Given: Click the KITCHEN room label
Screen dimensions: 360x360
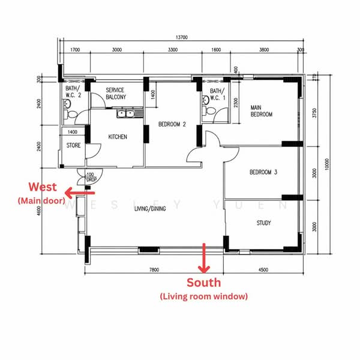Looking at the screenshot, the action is (x=118, y=137).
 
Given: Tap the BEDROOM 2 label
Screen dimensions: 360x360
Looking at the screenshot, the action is (x=172, y=124).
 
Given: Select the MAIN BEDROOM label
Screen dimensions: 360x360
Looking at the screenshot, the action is (x=262, y=111).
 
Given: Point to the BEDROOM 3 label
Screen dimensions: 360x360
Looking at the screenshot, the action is (x=263, y=172).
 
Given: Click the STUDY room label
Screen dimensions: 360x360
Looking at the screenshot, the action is (x=264, y=223).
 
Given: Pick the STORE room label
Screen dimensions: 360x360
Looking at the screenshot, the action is (x=73, y=145).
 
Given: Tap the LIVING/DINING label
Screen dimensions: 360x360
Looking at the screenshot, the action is (x=150, y=209).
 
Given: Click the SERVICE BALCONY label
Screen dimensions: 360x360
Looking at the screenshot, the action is (x=116, y=94).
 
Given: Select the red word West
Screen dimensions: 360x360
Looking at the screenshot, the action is (x=43, y=187).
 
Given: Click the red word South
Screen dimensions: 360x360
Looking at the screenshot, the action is (x=203, y=283).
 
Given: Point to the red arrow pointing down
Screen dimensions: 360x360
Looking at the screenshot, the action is (x=204, y=258).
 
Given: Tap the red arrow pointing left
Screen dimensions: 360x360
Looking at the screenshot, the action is (x=80, y=193).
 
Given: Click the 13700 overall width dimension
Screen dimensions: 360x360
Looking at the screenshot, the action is (x=182, y=37).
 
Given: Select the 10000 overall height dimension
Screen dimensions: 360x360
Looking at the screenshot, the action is (x=327, y=164).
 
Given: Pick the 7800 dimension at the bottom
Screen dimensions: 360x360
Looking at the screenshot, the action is (x=154, y=269).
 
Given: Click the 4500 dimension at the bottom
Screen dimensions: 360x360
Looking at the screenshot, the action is (x=263, y=269).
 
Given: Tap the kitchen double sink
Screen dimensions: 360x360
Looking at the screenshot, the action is (x=125, y=113).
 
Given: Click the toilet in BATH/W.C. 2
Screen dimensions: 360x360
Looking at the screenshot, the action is (x=71, y=115).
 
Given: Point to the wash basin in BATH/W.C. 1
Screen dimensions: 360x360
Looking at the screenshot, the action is (x=205, y=100).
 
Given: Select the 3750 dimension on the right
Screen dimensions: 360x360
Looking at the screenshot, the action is (x=314, y=113).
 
